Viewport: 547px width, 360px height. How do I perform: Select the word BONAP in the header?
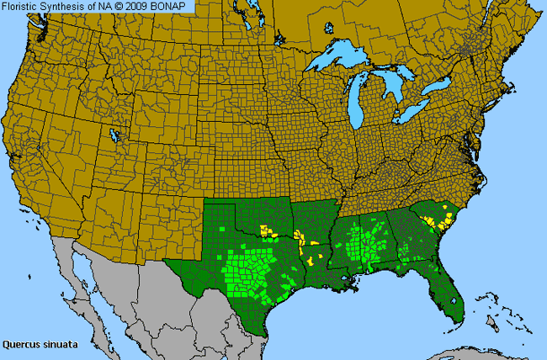click(176, 6)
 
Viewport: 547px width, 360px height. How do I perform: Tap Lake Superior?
click(341, 59)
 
